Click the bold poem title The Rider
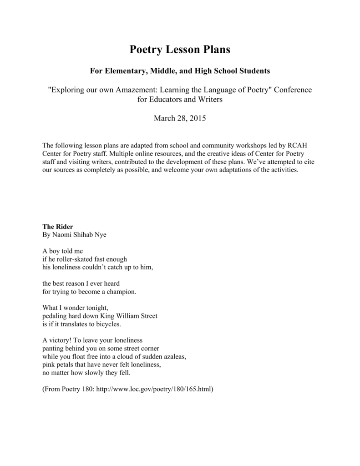pyautogui.click(x=58, y=226)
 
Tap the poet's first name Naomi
pyautogui.click(x=61, y=234)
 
